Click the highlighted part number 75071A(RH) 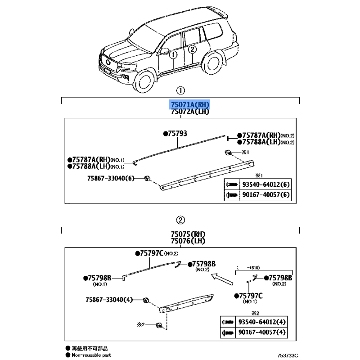pyautogui.click(x=190, y=105)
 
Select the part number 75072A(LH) pyautogui.click(x=190, y=112)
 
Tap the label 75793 pyautogui.click(x=175, y=133)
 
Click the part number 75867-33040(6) pyautogui.click(x=111, y=178)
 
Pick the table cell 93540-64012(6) pyautogui.click(x=266, y=184)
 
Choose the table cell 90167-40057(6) pyautogui.click(x=266, y=195)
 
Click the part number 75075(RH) pyautogui.click(x=188, y=234)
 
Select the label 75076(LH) pyautogui.click(x=188, y=241)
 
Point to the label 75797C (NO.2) pyautogui.click(x=157, y=253)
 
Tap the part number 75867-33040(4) pyautogui.click(x=109, y=300)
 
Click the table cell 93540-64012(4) pyautogui.click(x=262, y=322)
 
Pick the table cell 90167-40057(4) pyautogui.click(x=262, y=332)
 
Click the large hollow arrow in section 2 pyautogui.click(x=222, y=279)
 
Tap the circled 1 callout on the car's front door pyautogui.click(x=173, y=54)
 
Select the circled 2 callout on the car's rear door pyautogui.click(x=192, y=49)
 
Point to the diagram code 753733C pyautogui.click(x=288, y=355)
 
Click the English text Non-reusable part pyautogui.click(x=91, y=355)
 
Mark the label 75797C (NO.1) pyautogui.click(x=249, y=298)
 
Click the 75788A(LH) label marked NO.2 pyautogui.click(x=265, y=142)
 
